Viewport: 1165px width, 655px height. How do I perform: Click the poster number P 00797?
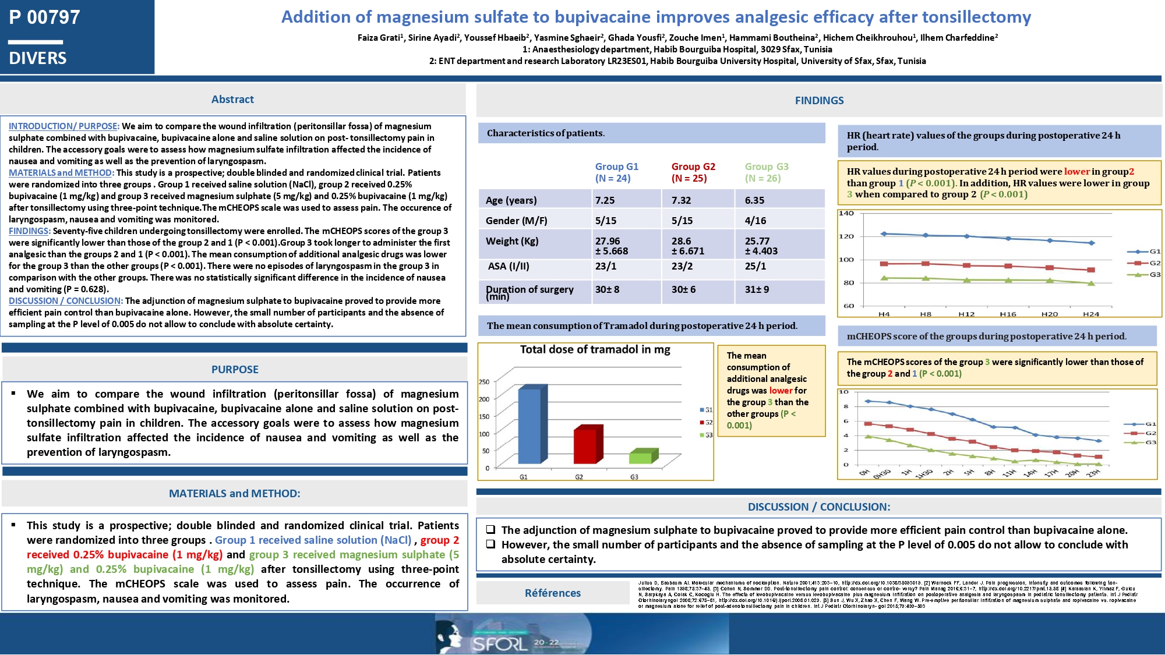44,17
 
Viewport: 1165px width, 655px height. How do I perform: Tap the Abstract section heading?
232,100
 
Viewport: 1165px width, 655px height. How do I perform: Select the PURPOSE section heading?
235,369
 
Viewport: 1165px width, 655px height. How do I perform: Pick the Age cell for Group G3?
754,200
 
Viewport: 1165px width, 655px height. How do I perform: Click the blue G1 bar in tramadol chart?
530,425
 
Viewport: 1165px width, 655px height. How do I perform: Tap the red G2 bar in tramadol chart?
585,445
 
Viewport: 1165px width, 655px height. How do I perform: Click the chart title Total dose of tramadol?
595,350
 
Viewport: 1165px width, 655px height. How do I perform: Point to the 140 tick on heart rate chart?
846,213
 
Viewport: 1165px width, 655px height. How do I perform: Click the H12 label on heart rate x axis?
966,314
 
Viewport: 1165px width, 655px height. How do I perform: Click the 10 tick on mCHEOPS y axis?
844,392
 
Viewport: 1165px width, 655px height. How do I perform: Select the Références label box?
552,593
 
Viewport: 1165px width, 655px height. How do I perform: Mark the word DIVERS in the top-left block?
38,58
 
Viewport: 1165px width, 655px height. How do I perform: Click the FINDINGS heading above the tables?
819,101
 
